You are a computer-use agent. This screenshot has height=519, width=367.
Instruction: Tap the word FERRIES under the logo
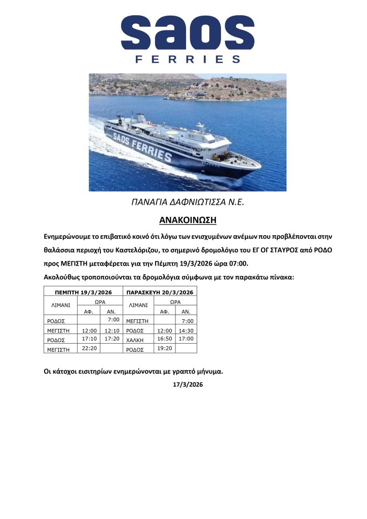click(188, 60)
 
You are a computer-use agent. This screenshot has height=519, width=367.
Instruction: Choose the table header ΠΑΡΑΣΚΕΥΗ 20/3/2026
click(161, 292)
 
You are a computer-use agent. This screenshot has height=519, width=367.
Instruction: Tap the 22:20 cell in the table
click(89, 348)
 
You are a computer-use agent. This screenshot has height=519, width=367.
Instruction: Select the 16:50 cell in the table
click(164, 338)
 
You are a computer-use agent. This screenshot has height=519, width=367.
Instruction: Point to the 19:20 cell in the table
click(164, 348)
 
